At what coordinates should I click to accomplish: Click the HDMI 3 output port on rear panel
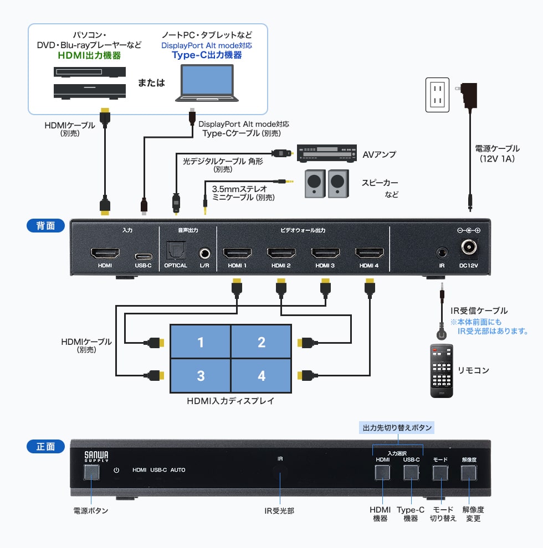point(325,254)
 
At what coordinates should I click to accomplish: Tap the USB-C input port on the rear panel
point(143,256)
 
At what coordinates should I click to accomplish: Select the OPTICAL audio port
point(176,253)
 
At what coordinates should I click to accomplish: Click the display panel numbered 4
point(262,376)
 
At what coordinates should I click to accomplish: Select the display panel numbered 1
point(201,342)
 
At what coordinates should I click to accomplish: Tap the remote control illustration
point(442,370)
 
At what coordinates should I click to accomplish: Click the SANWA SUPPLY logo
point(96,456)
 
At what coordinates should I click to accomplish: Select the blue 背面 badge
point(46,226)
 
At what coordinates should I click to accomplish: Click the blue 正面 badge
point(46,446)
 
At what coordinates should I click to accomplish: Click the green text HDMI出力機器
point(89,56)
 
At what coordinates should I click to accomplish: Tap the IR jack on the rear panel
point(442,252)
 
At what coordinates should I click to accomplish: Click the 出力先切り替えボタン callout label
point(397,428)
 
